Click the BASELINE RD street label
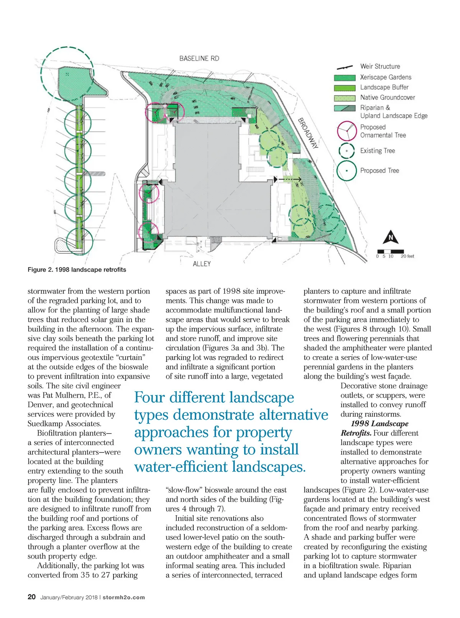coord(199,59)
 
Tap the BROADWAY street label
coord(308,133)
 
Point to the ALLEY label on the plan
coord(202,264)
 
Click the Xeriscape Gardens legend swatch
coord(345,78)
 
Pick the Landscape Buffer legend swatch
coord(345,88)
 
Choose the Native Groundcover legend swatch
coord(345,98)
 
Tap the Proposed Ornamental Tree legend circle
coord(347,131)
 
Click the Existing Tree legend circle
coord(347,151)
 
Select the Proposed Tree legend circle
coord(347,171)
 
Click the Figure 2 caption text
coord(77,270)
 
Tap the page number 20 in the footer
coord(31,597)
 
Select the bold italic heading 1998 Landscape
coord(379,424)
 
